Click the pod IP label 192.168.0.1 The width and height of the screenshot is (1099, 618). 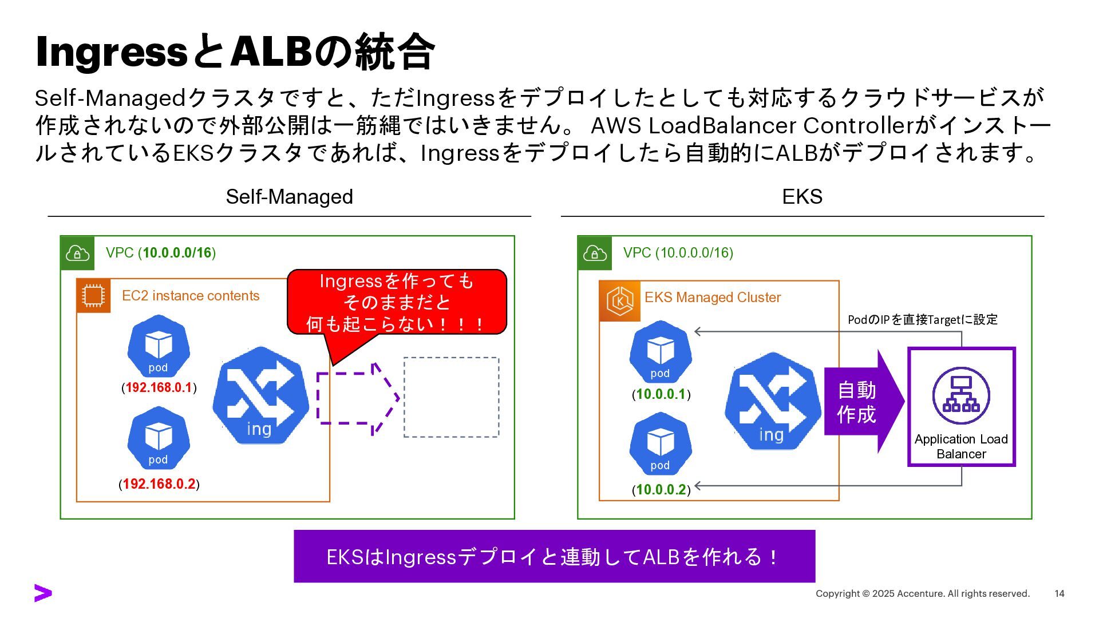coord(159,387)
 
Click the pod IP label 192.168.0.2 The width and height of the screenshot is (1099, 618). coord(159,484)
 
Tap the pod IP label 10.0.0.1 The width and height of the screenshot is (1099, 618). coord(661,394)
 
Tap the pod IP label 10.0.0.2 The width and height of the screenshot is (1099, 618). coord(661,490)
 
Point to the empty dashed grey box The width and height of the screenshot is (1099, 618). coord(451,397)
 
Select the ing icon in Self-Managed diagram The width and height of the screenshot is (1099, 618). coord(260,395)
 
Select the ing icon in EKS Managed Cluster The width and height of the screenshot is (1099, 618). coord(772,401)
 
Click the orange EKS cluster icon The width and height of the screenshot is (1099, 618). coord(620,301)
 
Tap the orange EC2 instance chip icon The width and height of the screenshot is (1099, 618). coord(93,295)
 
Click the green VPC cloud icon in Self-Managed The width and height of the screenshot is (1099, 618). coord(77,252)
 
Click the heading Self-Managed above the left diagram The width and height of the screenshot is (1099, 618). coord(289,197)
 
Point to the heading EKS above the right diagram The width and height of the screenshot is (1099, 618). coord(802,197)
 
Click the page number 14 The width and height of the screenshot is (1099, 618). coord(1059,593)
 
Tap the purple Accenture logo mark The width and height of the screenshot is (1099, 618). coord(43,593)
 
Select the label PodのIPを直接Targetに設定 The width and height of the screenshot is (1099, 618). coord(922,319)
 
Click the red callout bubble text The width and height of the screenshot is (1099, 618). coord(396,302)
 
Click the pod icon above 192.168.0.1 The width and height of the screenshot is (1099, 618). coord(159,346)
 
